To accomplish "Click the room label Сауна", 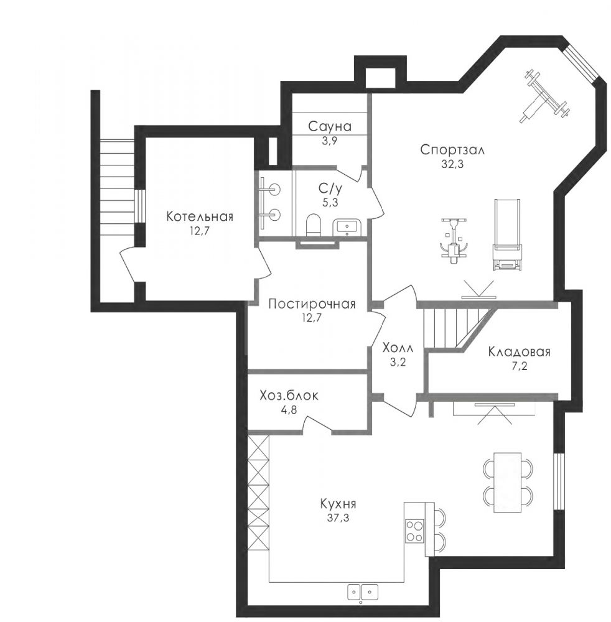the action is [x=330, y=126].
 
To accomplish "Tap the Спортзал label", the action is [x=452, y=150].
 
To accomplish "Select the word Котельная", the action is [x=200, y=216].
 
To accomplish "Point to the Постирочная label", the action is [x=312, y=304].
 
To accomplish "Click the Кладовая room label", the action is [x=519, y=352].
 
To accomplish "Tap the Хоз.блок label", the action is [x=289, y=396].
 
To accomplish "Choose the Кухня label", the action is [x=338, y=504].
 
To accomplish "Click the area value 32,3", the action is [x=452, y=164].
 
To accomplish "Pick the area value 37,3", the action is [x=338, y=518].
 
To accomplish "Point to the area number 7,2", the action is [x=519, y=366].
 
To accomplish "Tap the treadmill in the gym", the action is [x=506, y=235].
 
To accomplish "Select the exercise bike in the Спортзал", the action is [x=454, y=240].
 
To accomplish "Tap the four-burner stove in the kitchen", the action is [x=414, y=531].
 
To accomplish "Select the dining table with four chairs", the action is [x=508, y=481].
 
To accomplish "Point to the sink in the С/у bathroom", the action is [x=348, y=227].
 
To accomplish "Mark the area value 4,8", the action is [x=289, y=409].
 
